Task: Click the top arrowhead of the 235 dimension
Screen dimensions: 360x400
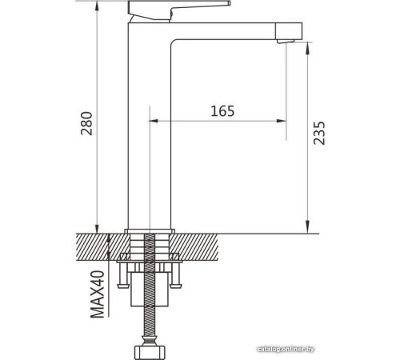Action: click(307, 45)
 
